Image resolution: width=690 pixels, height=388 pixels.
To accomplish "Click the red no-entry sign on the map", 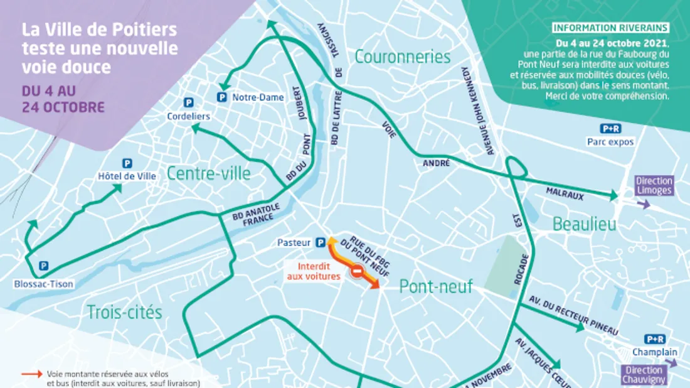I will click(x=356, y=272).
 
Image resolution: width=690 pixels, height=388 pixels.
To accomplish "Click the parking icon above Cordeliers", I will click(x=188, y=102).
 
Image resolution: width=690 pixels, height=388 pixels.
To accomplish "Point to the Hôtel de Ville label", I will click(x=127, y=176).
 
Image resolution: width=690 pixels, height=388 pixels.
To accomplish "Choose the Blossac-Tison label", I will click(x=44, y=284).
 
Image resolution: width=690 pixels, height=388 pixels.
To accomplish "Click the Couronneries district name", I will click(x=402, y=57).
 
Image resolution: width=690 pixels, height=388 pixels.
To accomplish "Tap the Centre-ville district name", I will click(x=208, y=173).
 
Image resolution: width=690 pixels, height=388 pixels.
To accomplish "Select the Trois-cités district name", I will click(x=124, y=312).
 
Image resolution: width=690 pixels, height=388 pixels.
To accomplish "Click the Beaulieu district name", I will click(x=584, y=224).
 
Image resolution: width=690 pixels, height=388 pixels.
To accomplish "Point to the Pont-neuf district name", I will click(x=435, y=287).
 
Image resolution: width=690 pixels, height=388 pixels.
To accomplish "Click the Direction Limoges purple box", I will click(x=654, y=185).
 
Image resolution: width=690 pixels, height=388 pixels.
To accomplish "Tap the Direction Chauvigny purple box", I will click(x=644, y=375).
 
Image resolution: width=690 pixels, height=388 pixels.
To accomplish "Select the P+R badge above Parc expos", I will click(x=610, y=129).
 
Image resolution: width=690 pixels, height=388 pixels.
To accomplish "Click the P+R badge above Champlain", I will click(x=654, y=339).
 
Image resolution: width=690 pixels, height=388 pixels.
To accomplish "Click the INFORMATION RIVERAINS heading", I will click(x=610, y=28).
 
